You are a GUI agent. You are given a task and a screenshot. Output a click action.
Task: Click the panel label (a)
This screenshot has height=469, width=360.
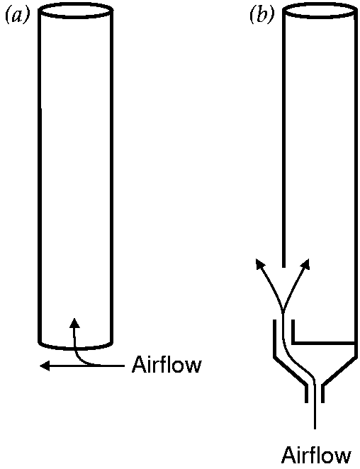click(18, 16)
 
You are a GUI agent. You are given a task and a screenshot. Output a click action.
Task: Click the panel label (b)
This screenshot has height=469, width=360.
click(262, 16)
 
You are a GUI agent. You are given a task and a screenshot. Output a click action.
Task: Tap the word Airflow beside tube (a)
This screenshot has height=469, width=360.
click(167, 364)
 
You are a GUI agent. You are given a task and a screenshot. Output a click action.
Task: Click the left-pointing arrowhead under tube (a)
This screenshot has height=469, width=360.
click(45, 366)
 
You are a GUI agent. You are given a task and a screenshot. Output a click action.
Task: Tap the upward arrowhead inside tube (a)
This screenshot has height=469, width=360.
click(74, 323)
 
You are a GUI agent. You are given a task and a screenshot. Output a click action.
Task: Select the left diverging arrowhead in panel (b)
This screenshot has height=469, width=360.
click(260, 264)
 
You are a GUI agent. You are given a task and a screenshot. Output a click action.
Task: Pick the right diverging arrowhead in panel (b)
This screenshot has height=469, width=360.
click(305, 264)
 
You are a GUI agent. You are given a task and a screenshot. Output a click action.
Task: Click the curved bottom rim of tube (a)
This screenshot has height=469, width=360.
click(76, 348)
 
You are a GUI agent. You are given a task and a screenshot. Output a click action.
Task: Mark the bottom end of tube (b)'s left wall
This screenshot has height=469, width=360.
click(283, 267)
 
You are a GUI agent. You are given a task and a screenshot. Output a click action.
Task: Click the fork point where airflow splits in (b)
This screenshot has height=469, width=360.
click(283, 310)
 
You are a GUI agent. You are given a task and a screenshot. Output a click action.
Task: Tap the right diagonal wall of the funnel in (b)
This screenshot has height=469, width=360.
click(340, 370)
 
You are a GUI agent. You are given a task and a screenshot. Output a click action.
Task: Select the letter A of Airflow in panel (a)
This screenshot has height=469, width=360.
click(138, 364)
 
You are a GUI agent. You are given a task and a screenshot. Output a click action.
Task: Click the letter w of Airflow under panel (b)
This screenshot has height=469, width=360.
click(343, 457)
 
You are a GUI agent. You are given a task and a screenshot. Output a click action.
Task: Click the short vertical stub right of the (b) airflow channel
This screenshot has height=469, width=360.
click(293, 332)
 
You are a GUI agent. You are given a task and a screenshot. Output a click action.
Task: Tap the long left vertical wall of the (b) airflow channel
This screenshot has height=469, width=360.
click(275, 339)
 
